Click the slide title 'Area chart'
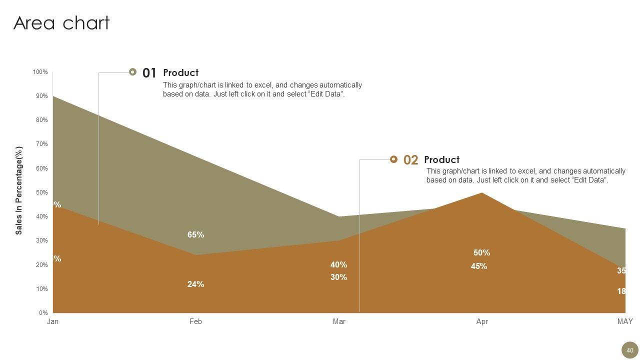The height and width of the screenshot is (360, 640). point(61,23)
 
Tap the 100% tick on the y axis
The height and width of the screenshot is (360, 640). point(40,72)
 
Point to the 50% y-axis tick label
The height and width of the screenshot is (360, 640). point(41,192)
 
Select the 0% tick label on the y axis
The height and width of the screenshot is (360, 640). point(43,313)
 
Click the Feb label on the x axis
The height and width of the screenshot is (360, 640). point(195,321)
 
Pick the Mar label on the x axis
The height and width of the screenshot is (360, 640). point(339,321)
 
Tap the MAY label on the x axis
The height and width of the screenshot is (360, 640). point(625,321)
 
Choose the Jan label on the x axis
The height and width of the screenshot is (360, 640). point(52,321)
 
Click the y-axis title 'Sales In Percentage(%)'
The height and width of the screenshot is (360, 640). point(19,190)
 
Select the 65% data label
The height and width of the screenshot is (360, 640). point(195,234)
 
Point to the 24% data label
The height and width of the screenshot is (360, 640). point(195,284)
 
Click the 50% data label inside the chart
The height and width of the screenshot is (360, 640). point(482,252)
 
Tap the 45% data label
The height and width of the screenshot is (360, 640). point(479,266)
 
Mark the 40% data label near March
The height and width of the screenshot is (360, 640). point(338,264)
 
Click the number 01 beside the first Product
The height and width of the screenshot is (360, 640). point(149,73)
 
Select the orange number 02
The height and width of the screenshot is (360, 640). point(410,160)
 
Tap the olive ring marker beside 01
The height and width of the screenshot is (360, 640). point(132,72)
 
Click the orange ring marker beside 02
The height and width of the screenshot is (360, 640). point(393,159)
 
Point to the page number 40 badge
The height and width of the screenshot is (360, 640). point(629,350)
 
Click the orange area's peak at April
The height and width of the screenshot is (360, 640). point(481,193)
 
